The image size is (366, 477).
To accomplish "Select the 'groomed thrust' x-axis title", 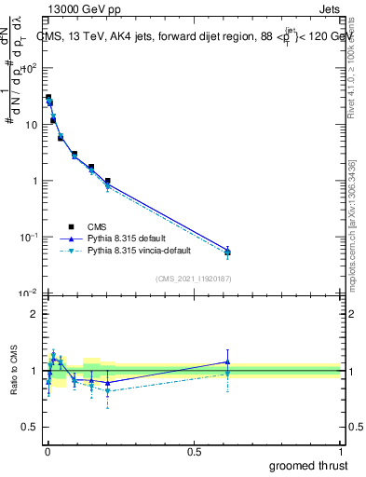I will (310, 465).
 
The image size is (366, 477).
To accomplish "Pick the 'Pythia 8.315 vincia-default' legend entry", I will (151, 252).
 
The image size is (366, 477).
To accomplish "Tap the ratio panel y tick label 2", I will (34, 314).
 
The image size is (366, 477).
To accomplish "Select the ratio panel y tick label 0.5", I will (30, 428).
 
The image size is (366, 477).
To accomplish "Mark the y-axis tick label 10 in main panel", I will (31, 124).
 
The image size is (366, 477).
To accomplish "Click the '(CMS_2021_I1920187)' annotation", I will (193, 279).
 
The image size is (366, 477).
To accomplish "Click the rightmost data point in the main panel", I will (227, 252).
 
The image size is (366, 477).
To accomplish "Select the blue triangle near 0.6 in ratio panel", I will (227, 361).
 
